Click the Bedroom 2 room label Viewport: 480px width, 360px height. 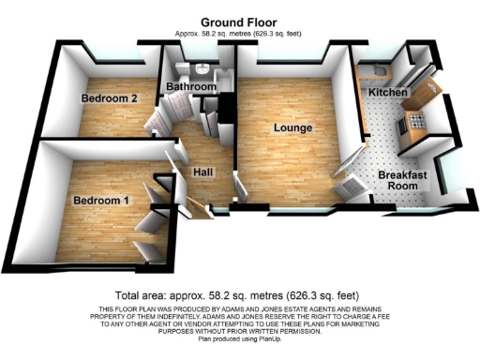[x=110, y=98]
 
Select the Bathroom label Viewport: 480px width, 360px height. [x=191, y=87]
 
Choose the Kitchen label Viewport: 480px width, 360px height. [x=386, y=94]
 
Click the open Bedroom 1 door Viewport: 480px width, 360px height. [x=147, y=222]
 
